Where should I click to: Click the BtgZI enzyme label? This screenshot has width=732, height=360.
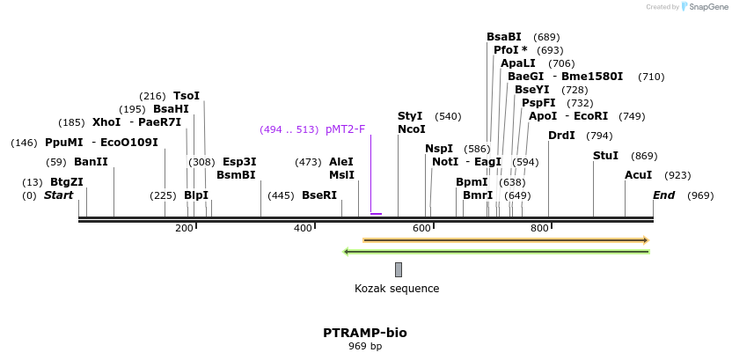point(66,182)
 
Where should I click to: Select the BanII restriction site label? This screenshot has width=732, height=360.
point(91,162)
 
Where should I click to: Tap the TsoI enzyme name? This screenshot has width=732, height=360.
point(187,95)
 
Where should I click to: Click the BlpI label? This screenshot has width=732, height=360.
point(196,195)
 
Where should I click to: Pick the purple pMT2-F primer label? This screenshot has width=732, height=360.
point(345,129)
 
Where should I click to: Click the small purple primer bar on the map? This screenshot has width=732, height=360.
point(376,214)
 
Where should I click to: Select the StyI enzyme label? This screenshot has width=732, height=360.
point(410,116)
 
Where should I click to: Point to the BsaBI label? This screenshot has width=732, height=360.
point(504,37)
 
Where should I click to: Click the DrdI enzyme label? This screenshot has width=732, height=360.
point(561,136)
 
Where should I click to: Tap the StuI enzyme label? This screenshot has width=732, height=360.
point(605,156)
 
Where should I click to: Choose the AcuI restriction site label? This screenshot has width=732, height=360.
point(638,175)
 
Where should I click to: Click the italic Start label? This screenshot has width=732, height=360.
point(59,195)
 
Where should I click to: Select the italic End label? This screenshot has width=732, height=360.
point(663,195)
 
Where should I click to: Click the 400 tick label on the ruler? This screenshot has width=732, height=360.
point(304,229)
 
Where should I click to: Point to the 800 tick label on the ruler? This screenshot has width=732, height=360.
point(540,229)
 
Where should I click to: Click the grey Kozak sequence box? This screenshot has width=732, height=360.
point(399,269)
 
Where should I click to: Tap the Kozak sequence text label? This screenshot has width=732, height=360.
point(397,289)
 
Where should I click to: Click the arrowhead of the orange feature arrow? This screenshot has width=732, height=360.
point(646,239)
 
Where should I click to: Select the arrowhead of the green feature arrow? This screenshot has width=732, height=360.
point(347,252)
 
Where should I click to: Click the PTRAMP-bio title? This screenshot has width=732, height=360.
point(365,333)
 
